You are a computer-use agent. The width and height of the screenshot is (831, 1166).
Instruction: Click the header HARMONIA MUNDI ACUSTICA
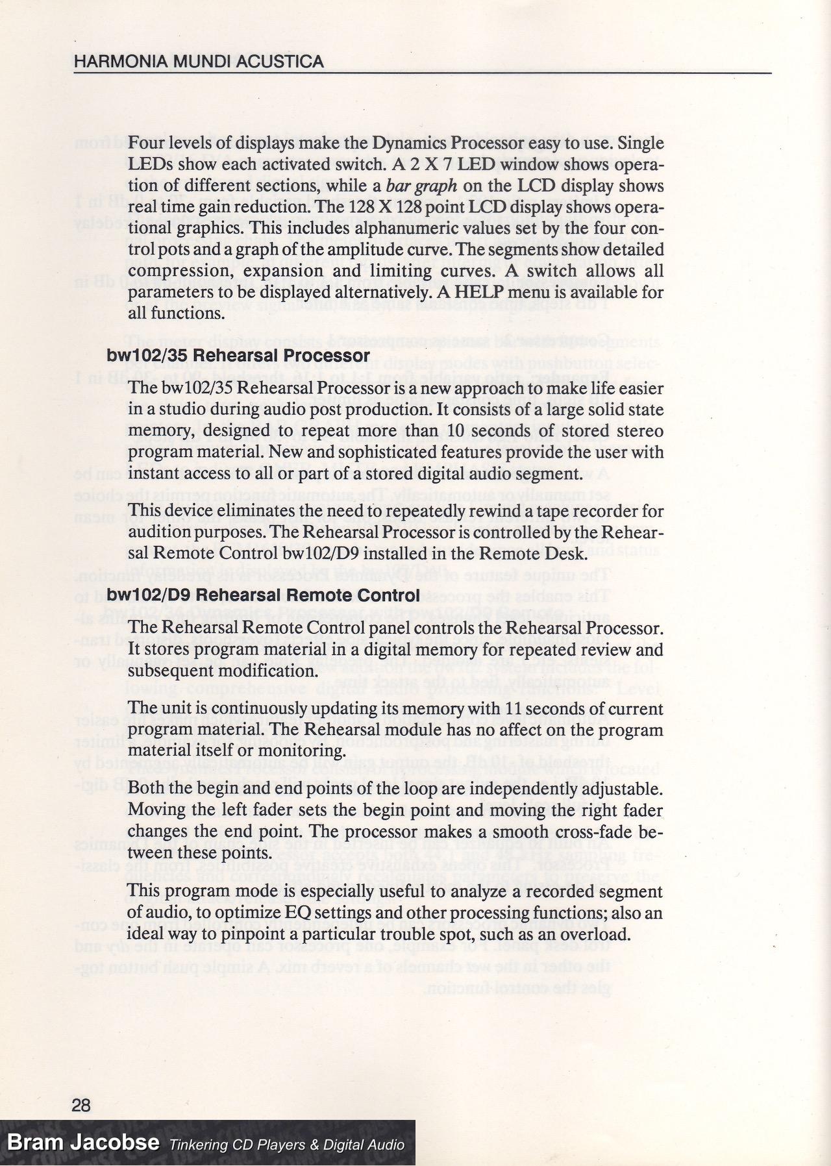coord(199,62)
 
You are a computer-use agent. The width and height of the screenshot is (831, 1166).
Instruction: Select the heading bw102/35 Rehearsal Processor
coord(238,356)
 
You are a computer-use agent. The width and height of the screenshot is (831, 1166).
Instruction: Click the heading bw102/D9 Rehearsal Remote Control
coord(263,595)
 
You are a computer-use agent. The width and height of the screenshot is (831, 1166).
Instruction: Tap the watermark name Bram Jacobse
coord(83,1142)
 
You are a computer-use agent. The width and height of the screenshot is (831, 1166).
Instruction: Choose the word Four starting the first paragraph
coord(145,143)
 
